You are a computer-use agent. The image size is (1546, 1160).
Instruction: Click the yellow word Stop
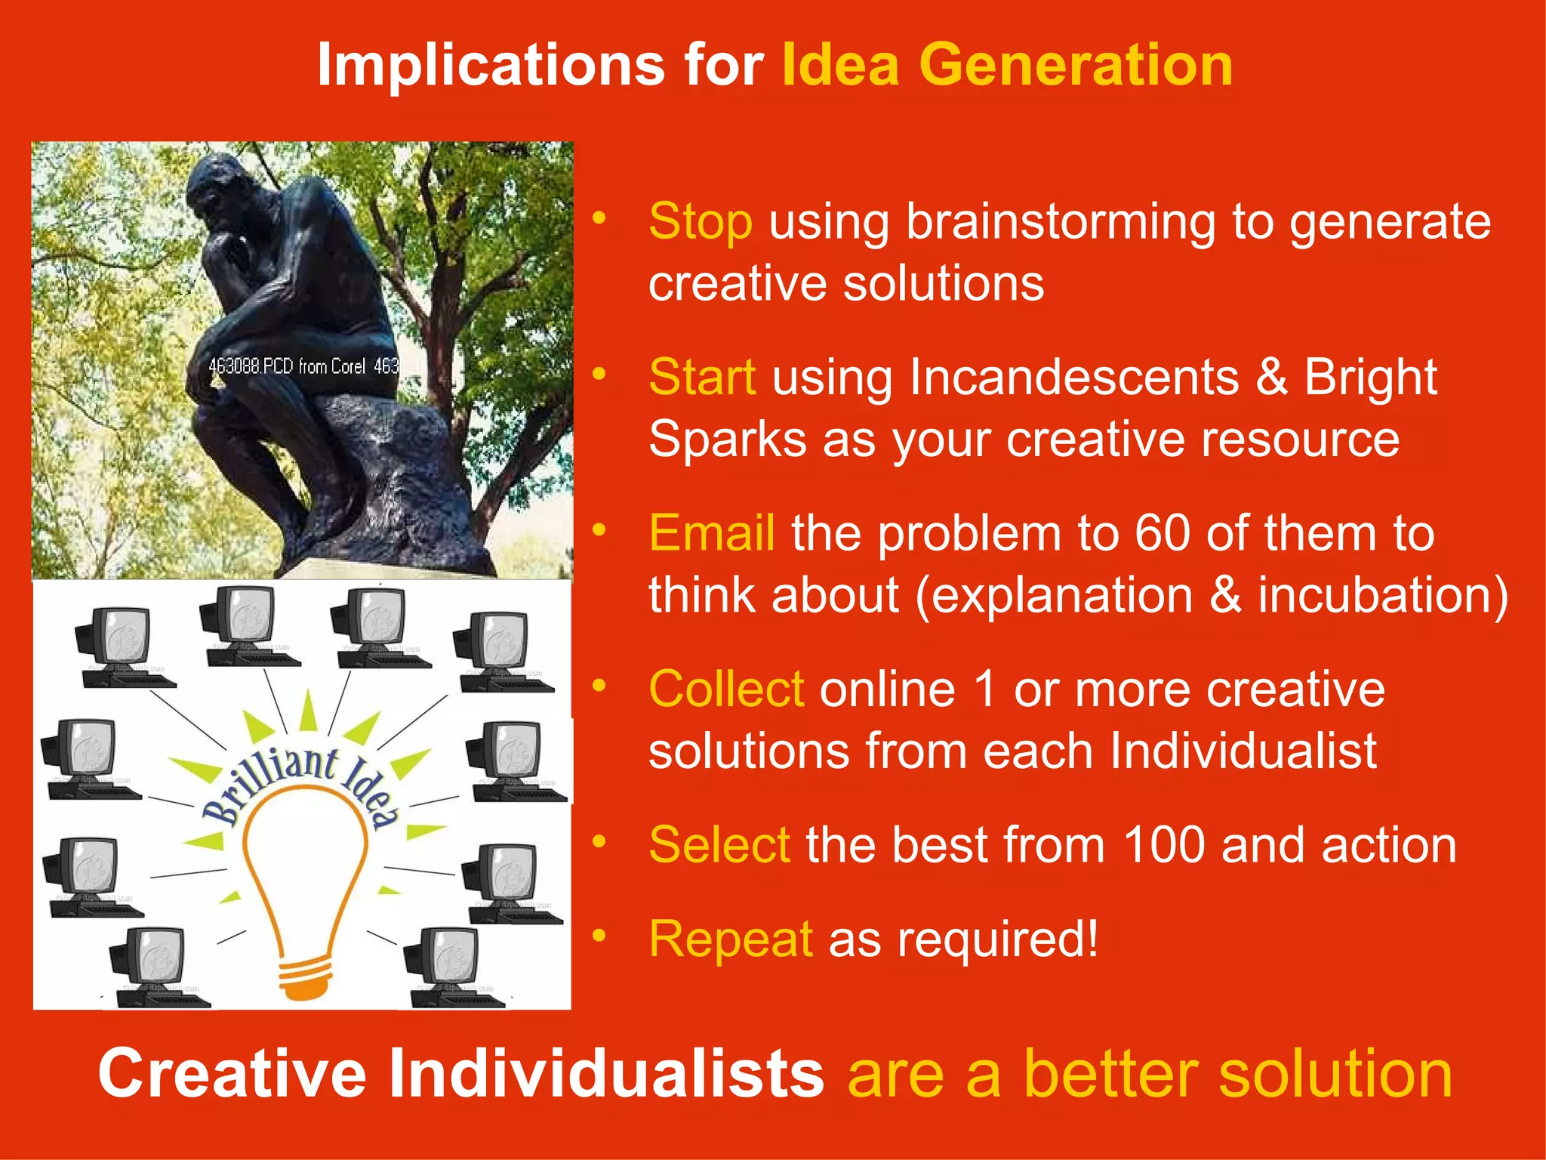700,222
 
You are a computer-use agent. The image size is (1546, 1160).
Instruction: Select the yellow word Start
702,377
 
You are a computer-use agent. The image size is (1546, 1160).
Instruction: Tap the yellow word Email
711,533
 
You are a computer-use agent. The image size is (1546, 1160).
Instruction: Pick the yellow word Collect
726,689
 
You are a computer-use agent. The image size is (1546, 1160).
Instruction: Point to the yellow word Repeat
730,939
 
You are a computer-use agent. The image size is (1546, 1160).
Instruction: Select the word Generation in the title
1075,65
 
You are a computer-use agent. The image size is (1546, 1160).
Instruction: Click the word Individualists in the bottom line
605,1073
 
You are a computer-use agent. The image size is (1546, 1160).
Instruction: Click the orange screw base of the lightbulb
305,979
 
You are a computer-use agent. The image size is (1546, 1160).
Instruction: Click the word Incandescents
1073,377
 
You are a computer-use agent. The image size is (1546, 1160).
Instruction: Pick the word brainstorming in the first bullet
1060,222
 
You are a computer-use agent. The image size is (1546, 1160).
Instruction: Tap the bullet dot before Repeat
599,936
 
